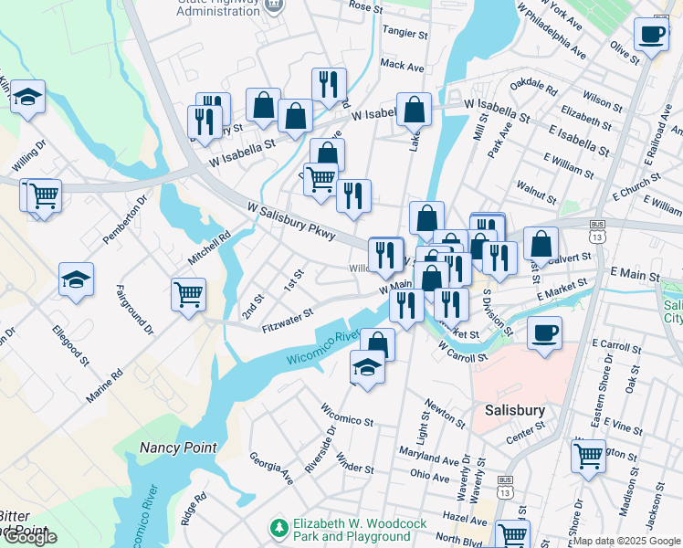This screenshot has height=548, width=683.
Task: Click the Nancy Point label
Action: coord(178,448)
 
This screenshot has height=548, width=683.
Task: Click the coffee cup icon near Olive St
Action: coord(651,36)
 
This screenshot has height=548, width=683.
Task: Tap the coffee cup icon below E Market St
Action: coord(544,332)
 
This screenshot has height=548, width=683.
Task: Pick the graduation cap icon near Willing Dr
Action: coord(28,97)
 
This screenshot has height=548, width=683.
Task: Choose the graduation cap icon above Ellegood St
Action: coord(76,280)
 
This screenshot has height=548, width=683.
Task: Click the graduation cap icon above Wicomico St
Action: coord(367,368)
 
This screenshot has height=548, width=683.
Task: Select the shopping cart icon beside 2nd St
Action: coord(188,295)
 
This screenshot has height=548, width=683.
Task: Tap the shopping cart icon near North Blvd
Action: coord(512,535)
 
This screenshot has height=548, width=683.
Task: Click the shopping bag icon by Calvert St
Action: coord(541,244)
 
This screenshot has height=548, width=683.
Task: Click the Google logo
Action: coord(29,537)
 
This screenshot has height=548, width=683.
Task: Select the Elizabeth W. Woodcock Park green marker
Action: coord(278,529)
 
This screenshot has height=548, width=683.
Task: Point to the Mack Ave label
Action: coord(403,66)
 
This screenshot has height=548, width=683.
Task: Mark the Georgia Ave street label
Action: coord(271,466)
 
